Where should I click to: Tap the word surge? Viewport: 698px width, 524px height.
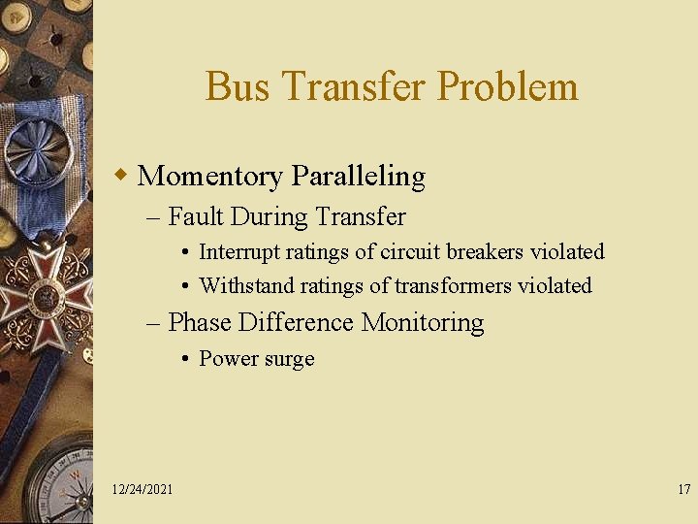(289, 359)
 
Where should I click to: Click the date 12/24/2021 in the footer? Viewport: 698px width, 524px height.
(143, 489)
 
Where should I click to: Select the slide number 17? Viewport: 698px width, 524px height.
(683, 489)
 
